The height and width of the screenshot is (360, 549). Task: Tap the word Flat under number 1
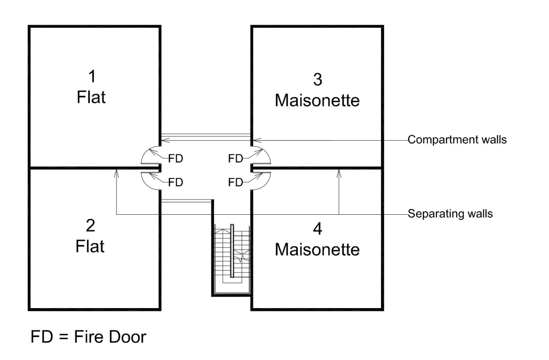click(x=91, y=97)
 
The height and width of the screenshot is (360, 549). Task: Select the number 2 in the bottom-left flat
click(x=91, y=225)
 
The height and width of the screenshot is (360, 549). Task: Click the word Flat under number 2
click(x=90, y=247)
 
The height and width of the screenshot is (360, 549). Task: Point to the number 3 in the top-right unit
click(x=317, y=79)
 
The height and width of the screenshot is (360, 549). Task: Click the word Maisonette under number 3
click(x=317, y=100)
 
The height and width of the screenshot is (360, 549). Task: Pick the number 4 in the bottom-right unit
click(x=317, y=228)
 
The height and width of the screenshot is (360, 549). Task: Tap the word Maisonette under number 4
click(x=317, y=250)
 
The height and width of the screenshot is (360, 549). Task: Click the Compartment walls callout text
click(x=457, y=140)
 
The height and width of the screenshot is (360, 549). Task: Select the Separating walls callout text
click(x=450, y=214)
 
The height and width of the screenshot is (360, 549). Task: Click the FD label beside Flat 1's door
click(x=175, y=159)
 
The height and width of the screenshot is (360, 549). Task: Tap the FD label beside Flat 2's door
click(x=175, y=183)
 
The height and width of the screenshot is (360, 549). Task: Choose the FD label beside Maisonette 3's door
click(x=236, y=159)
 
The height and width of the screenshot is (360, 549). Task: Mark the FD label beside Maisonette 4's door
click(x=236, y=183)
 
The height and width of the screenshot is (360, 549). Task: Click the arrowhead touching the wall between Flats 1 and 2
click(x=117, y=172)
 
